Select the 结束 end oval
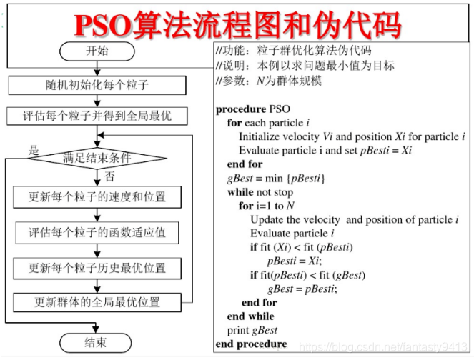coord(97,342)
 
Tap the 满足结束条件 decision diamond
coord(97,158)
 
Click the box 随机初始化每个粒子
coord(97,85)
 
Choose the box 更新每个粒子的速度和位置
coord(97,197)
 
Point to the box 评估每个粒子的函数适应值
coord(97,233)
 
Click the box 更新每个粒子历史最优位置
coord(97,268)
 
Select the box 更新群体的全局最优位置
coord(97,302)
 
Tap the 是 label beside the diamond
coord(33,150)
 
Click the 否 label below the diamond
coord(109,175)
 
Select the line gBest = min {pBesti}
coord(276,178)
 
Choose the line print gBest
coord(252,329)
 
